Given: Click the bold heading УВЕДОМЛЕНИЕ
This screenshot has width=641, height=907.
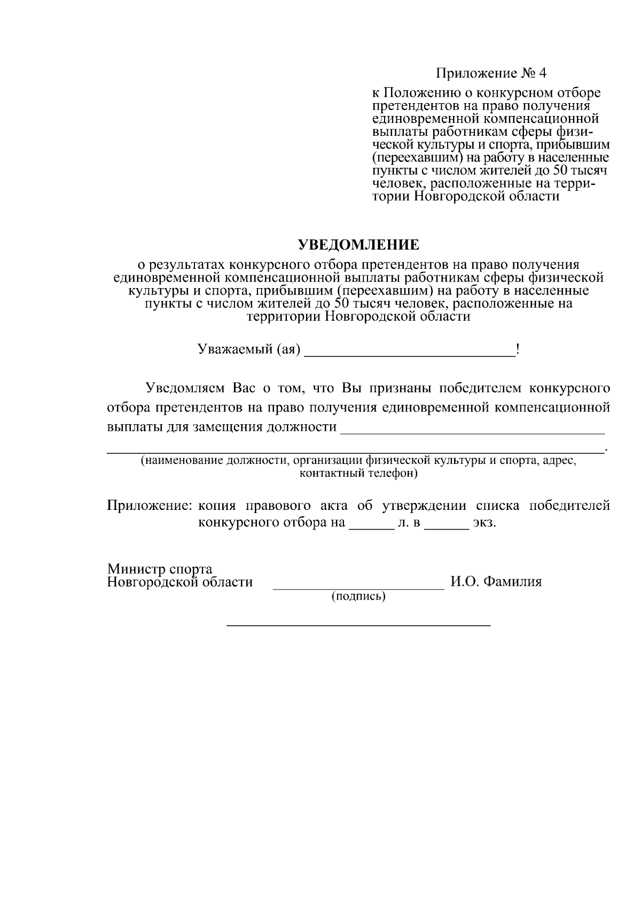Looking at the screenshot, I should pos(358,245).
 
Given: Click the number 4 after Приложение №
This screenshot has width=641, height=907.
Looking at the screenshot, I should pos(543,73).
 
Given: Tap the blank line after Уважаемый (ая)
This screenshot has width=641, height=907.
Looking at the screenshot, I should pos(409,352).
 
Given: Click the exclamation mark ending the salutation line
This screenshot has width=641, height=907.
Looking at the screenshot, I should pos(517,350).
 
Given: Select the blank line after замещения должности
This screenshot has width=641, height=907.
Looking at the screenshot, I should pos(472,429).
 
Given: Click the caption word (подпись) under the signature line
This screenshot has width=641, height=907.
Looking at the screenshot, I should pos(358,596).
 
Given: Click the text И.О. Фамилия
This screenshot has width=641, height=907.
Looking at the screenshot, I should pos(496,582).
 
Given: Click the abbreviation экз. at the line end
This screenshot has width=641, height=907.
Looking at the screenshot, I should pos(484,522).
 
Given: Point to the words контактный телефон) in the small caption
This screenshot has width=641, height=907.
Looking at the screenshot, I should pos(358,473).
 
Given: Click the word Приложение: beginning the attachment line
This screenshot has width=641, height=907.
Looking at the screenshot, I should pos(149,506).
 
